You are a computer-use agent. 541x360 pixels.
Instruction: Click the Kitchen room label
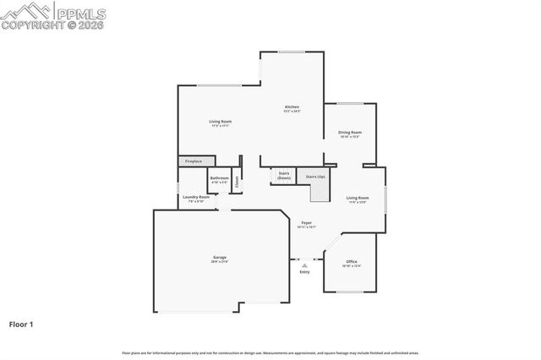292,108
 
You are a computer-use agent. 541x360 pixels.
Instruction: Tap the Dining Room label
350,134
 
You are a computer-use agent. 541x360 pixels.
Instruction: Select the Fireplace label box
194,161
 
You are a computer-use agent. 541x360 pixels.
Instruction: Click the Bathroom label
220,179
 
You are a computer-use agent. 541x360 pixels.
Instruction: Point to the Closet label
238,180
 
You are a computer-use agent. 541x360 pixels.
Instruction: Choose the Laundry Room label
196,199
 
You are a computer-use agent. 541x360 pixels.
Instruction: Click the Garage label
220,259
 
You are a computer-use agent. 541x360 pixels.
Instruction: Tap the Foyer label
306,225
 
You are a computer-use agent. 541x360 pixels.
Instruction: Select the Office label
352,264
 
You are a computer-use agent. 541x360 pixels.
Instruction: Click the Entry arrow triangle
304,265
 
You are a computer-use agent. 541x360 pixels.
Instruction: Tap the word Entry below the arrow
304,272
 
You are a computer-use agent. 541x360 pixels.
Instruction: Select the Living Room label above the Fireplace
221,123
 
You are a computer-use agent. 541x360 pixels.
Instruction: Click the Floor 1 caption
21,324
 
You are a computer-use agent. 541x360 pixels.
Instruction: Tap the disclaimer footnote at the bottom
270,352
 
